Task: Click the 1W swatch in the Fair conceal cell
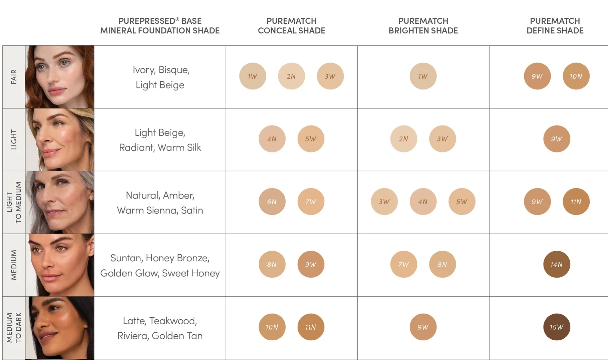point(253,76)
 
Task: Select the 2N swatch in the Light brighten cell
point(403,139)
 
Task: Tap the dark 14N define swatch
point(557,264)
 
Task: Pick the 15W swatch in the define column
point(557,327)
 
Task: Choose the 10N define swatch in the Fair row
point(576,76)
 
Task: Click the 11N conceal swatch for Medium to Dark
point(311,327)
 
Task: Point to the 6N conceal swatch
point(272,202)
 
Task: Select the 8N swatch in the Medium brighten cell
point(442,264)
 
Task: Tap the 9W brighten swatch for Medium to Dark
point(423,327)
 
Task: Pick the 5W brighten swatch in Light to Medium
point(462,202)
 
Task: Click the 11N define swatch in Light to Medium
point(576,202)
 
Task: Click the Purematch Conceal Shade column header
point(291,26)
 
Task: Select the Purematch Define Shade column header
point(555,26)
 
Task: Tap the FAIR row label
point(14,77)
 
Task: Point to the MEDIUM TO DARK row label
point(14,328)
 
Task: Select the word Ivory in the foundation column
point(144,70)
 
